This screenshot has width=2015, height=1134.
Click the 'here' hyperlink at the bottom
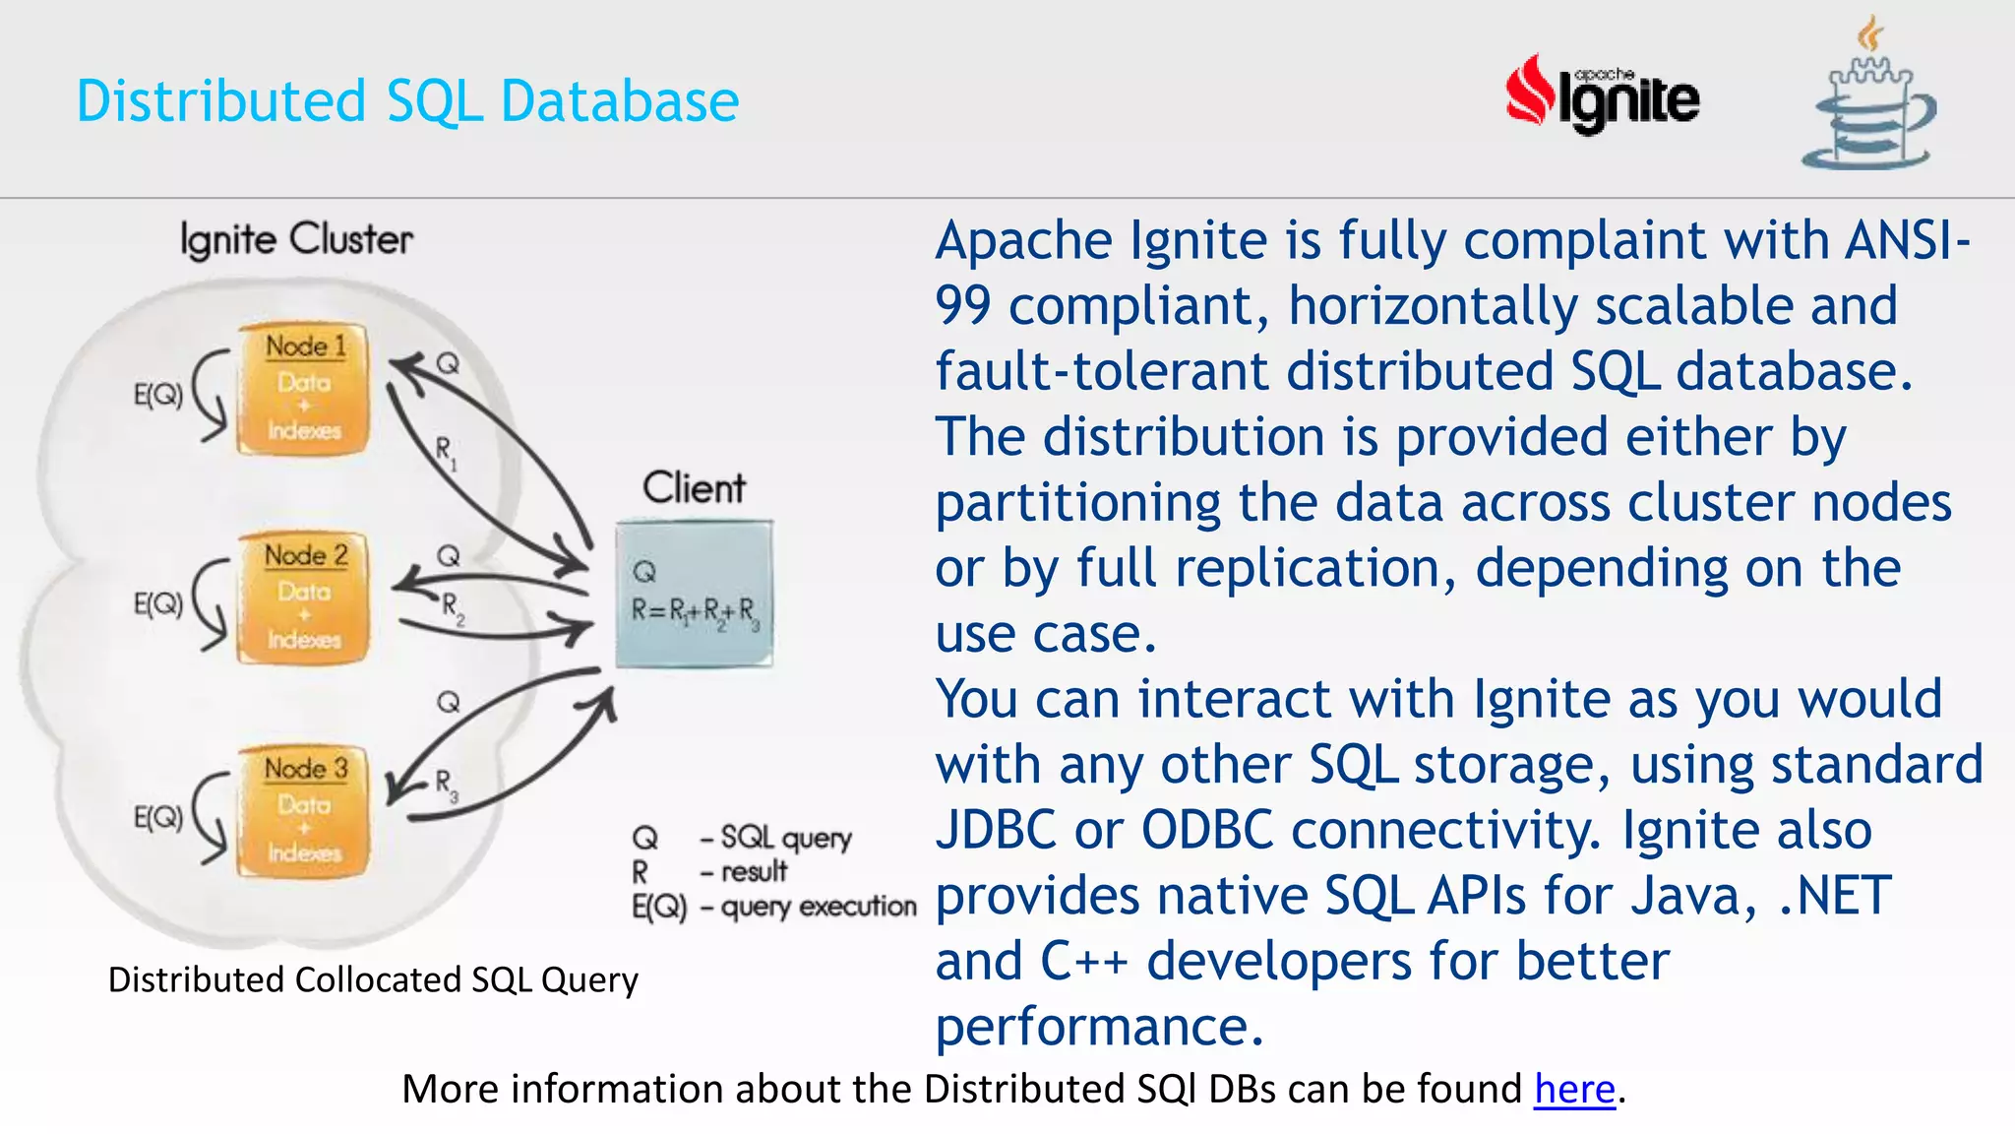[x=1574, y=1090]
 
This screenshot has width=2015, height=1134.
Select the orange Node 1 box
[x=305, y=390]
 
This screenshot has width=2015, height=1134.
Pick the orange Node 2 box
[x=305, y=598]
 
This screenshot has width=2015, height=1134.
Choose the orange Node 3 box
[x=305, y=811]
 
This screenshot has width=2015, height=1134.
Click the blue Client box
[x=694, y=595]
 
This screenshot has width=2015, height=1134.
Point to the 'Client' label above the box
[x=694, y=488]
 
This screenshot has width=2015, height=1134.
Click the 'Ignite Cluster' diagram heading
[x=296, y=239]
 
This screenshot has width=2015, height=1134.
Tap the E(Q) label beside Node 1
[x=158, y=395]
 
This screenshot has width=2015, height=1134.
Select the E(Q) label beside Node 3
[x=158, y=817]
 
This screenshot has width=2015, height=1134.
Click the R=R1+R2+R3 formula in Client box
[x=695, y=611]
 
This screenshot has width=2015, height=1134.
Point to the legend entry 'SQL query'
[x=785, y=838]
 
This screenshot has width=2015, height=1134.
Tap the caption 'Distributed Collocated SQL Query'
[x=373, y=980]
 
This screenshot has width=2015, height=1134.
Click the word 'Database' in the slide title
[x=619, y=101]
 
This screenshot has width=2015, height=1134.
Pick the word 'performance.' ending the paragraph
[x=1098, y=1027]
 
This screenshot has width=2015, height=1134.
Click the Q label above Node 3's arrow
[x=449, y=702]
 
